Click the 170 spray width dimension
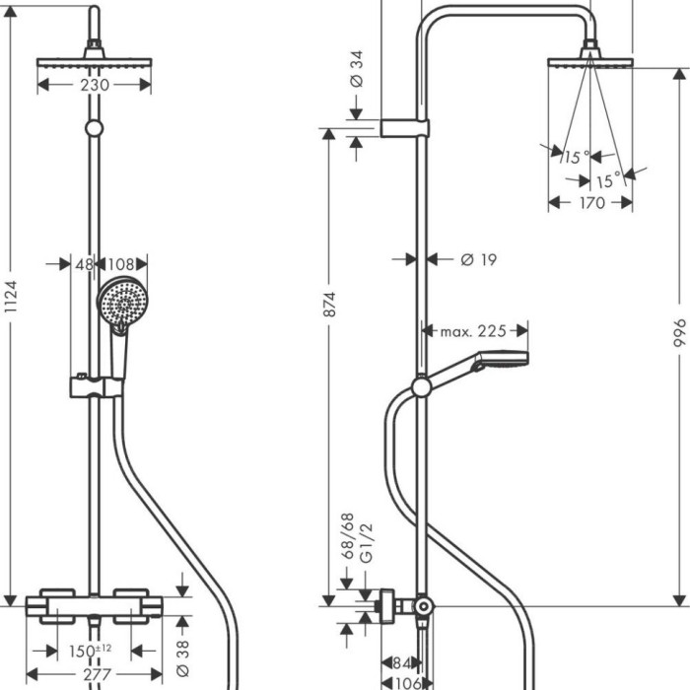[591, 204]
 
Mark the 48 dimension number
[84, 264]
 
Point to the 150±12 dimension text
[90, 652]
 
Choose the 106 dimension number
[407, 681]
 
